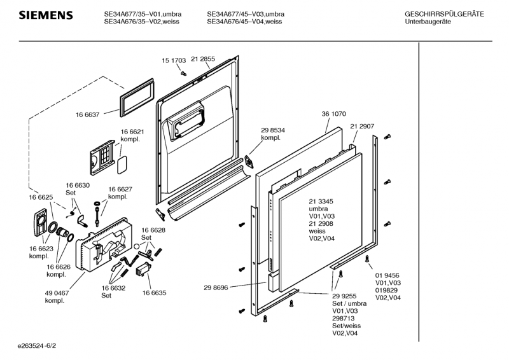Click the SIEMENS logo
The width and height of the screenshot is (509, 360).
click(x=45, y=15)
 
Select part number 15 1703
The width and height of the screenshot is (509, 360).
click(x=174, y=60)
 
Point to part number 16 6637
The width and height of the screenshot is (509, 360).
click(x=87, y=114)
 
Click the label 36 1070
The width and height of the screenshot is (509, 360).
click(x=333, y=114)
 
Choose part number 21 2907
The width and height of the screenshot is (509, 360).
click(x=362, y=127)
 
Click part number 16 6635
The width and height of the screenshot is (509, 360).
click(x=154, y=293)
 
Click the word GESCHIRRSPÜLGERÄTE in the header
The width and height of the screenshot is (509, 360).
click(x=444, y=14)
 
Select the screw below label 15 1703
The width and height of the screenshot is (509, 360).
click(x=183, y=73)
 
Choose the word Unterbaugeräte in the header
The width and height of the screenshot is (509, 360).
click(x=428, y=22)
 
